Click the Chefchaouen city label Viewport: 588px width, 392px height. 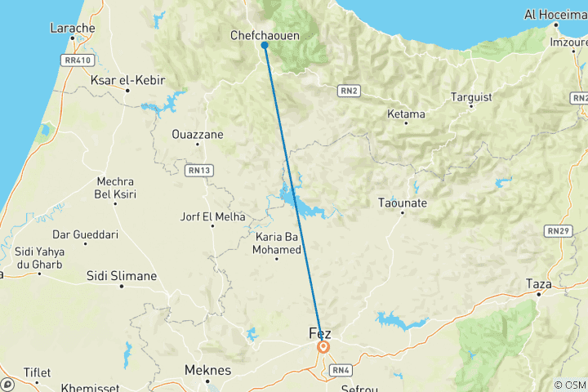[x=265, y=36]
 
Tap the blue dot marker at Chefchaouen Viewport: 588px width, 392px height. [x=265, y=46]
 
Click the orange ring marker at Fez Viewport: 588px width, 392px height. [x=323, y=347]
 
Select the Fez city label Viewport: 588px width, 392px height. [x=321, y=333]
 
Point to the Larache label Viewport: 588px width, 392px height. [x=73, y=28]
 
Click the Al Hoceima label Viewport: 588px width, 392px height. [x=555, y=14]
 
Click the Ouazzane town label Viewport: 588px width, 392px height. [x=198, y=134]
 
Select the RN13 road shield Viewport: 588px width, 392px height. [x=199, y=170]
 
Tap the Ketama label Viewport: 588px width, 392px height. [x=406, y=114]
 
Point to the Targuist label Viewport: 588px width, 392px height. [x=471, y=97]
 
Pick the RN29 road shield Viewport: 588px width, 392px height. [x=559, y=232]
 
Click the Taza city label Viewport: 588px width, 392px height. [x=539, y=284]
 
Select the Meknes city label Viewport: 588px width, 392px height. [x=207, y=370]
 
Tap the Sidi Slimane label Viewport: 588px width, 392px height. [x=122, y=276]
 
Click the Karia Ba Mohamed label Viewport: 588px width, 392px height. [x=278, y=243]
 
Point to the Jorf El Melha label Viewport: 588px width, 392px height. [x=212, y=217]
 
